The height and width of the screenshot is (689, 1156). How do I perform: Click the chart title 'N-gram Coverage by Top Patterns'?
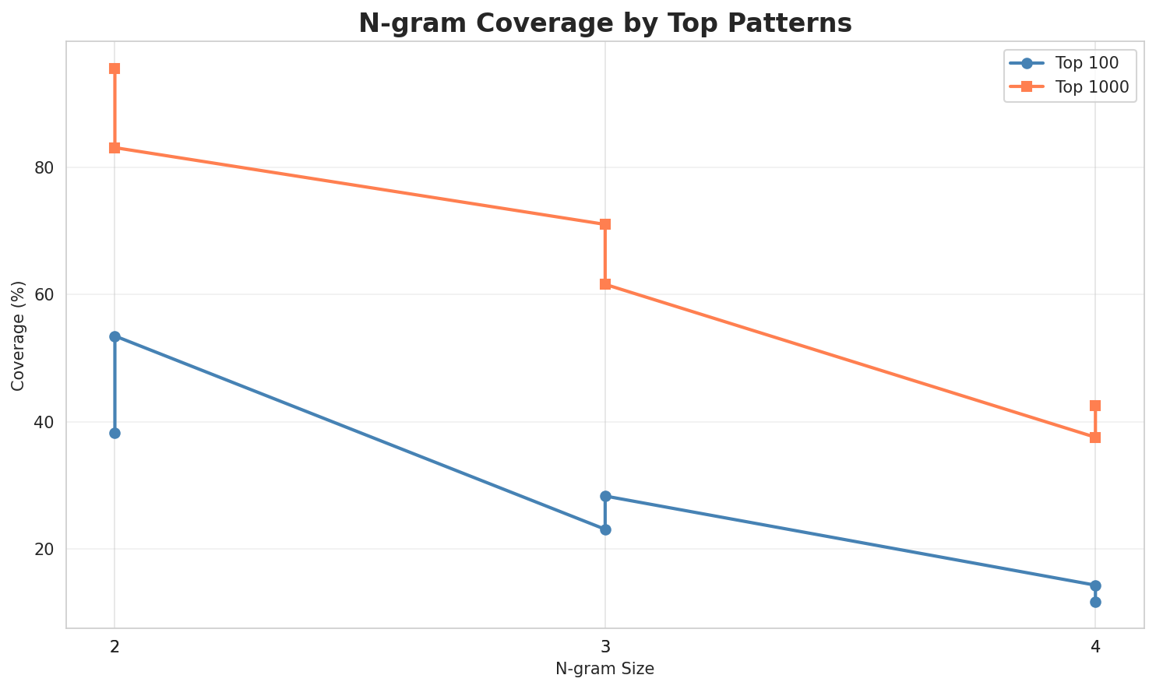(604, 23)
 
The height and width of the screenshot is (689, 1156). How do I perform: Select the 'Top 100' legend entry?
(1080, 63)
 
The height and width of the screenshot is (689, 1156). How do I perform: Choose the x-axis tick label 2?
(115, 647)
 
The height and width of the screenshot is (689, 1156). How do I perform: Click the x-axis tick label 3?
(605, 647)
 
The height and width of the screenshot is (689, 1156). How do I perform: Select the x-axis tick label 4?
(1095, 647)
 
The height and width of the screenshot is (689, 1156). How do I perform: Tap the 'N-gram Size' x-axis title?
(604, 669)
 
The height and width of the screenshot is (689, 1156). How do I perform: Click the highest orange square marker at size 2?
(115, 69)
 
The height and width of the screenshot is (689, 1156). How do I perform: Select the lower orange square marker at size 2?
(115, 148)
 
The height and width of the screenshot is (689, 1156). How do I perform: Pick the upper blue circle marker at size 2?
(115, 336)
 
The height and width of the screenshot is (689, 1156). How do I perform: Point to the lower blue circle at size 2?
(115, 433)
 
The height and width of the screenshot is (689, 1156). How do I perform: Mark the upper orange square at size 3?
(605, 224)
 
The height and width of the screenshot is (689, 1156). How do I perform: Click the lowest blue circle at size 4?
(1095, 602)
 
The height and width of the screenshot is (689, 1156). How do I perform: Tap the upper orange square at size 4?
(1095, 406)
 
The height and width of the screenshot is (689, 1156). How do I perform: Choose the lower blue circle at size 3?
(605, 529)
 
